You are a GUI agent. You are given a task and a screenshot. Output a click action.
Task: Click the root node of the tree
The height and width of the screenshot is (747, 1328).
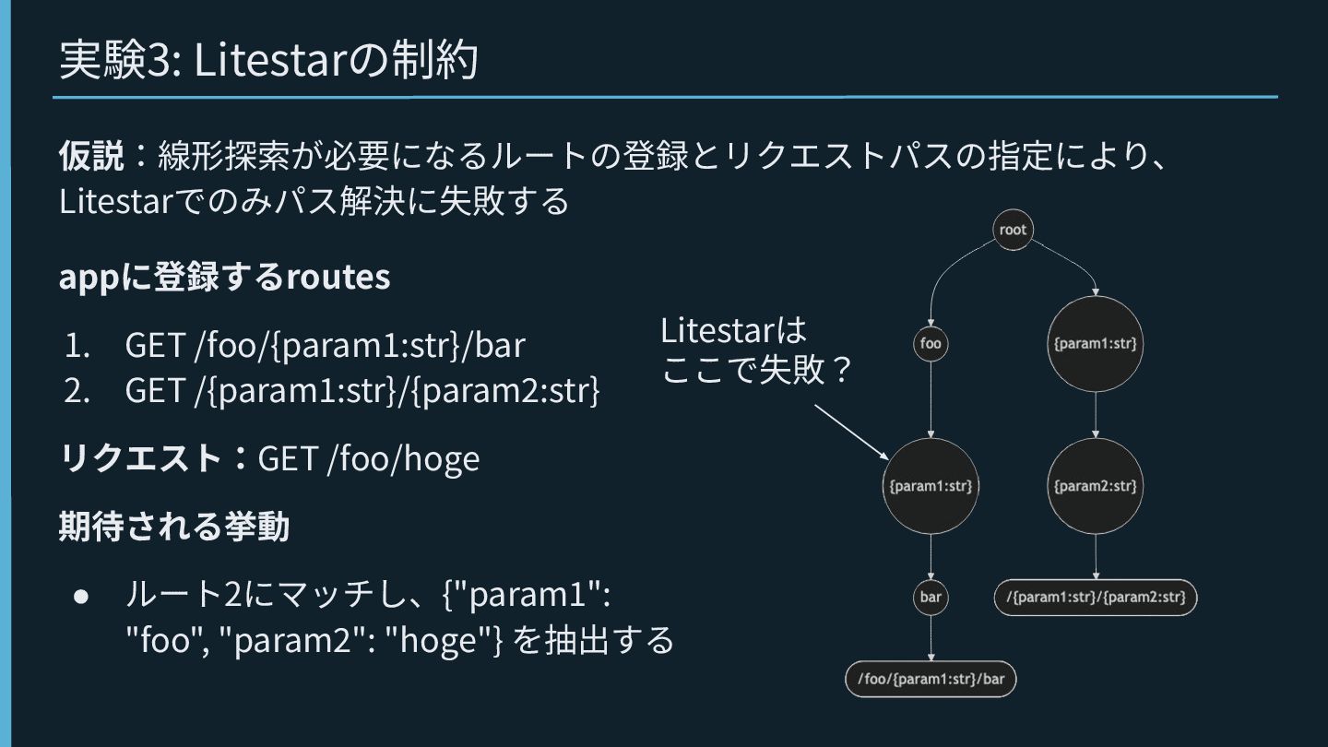coord(1012,230)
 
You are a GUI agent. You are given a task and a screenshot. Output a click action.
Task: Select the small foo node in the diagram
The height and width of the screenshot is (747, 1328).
coord(931,344)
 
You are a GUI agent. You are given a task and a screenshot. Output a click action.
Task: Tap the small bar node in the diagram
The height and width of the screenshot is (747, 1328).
coord(931,597)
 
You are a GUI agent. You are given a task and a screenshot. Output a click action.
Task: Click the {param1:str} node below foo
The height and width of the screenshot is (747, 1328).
coord(931,485)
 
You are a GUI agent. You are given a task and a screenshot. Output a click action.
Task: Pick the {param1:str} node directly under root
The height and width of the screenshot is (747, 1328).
coord(1095,344)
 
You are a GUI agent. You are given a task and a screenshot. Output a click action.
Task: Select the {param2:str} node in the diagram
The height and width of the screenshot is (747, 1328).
coord(1095,485)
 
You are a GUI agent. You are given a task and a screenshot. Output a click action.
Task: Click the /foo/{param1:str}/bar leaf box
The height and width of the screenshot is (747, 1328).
coord(931,680)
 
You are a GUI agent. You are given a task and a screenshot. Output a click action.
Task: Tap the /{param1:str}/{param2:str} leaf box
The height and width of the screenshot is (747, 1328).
coord(1096,597)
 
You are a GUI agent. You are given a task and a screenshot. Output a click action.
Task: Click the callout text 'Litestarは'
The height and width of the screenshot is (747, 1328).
coord(733,330)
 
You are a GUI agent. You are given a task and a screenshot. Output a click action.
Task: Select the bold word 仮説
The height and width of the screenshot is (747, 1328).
coord(90,155)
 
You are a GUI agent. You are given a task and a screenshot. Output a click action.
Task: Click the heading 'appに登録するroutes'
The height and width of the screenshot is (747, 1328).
coord(224,277)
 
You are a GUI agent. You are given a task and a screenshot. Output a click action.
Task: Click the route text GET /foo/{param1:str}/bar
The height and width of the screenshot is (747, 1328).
coord(325,345)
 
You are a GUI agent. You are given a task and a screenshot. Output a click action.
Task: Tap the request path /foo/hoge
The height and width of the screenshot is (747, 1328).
coord(403,458)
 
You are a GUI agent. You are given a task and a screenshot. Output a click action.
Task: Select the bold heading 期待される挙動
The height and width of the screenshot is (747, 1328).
coord(174,527)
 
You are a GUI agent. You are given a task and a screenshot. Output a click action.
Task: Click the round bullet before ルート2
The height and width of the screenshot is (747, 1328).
coord(81,596)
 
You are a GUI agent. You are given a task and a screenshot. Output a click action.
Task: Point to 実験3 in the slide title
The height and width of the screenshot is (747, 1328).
coord(120,61)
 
